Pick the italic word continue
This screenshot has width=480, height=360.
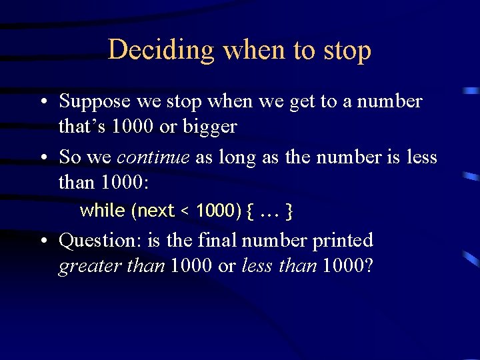point(153,157)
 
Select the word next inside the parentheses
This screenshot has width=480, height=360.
point(155,211)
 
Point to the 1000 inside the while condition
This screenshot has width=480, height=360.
point(215,211)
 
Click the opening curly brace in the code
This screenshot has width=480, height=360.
point(250,212)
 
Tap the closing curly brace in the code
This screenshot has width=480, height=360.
point(289,212)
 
